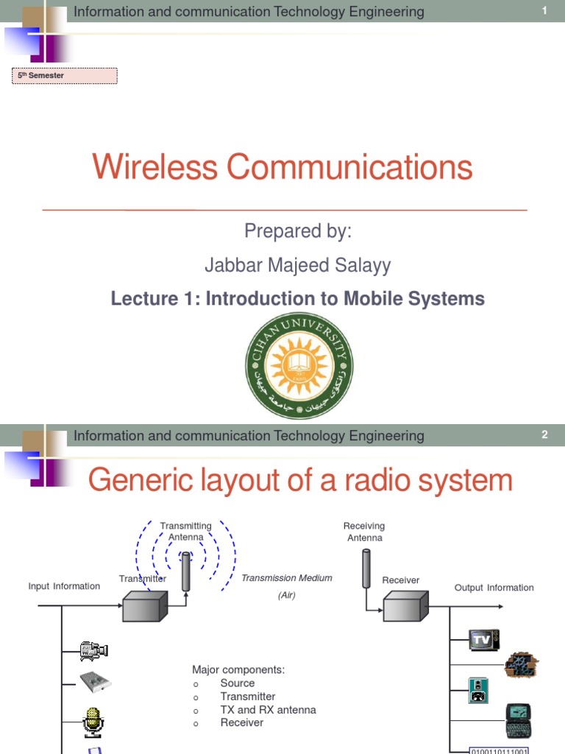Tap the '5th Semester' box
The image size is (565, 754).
[65, 75]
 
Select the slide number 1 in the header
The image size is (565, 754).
[544, 11]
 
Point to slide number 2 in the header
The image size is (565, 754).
[544, 435]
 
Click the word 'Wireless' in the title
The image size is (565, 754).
[154, 166]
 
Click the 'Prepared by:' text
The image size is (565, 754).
[298, 231]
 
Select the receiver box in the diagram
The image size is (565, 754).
[403, 608]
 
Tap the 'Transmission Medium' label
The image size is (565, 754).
[287, 578]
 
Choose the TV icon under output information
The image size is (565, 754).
[484, 640]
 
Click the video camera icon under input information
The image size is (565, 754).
[93, 651]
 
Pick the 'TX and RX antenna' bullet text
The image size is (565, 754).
[268, 710]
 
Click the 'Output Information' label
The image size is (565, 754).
[494, 588]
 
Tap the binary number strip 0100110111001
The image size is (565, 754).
[500, 750]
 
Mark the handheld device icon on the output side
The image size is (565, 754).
[518, 720]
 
